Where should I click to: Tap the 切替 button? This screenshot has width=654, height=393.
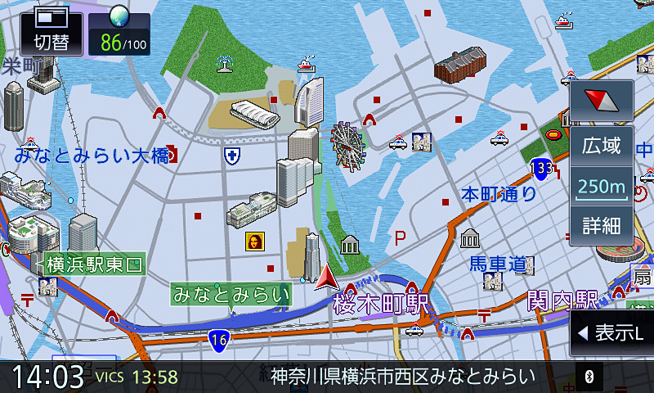51,32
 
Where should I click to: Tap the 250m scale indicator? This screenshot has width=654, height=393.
602,187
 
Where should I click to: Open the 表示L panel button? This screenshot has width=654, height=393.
611,332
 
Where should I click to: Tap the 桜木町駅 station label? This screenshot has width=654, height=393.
381,304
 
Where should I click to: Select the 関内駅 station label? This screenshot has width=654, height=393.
562,300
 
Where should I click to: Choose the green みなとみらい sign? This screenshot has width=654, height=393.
231,293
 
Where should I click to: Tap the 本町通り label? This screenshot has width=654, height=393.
499,194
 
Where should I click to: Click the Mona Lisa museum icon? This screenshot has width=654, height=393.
255,241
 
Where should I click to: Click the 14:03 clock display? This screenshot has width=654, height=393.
47,377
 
